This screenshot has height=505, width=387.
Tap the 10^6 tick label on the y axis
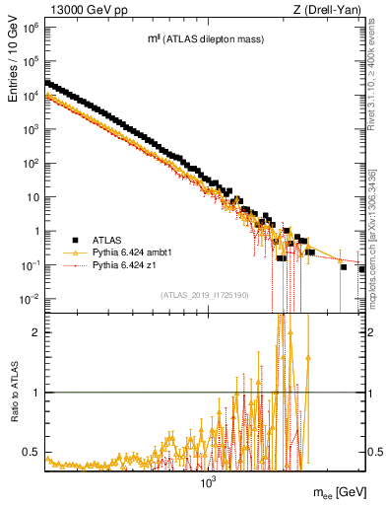30,27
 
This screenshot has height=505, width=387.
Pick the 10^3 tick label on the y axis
30,129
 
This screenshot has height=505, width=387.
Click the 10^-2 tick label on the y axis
30,299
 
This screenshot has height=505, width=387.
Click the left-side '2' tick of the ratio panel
35,332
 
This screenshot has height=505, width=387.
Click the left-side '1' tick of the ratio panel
35,393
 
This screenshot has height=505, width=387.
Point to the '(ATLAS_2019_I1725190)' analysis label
206,295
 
